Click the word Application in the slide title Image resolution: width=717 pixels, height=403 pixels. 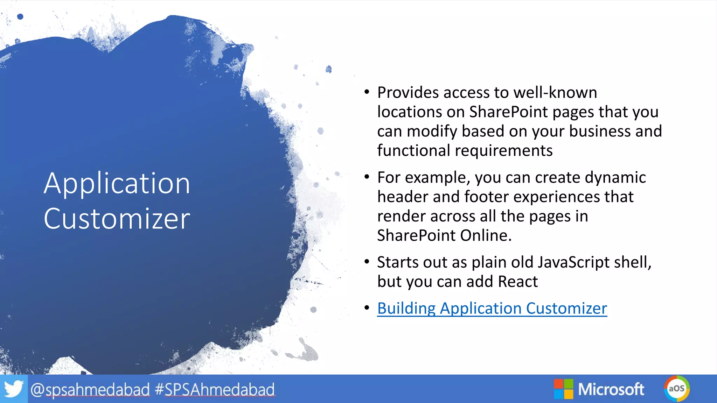[x=117, y=183]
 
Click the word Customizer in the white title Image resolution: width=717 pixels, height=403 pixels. [x=117, y=219]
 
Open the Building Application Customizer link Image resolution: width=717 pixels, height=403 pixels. [x=492, y=309]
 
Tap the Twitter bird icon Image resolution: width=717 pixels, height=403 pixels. [x=13, y=389]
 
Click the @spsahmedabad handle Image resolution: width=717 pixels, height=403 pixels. [x=90, y=390]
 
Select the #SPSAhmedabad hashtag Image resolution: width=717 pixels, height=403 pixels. [x=215, y=390]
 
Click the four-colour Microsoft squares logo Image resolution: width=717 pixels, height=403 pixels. [x=563, y=389]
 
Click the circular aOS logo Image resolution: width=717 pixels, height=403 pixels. [x=676, y=389]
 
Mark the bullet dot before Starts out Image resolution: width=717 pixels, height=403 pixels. [x=367, y=262]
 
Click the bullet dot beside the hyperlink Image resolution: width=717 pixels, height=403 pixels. [x=367, y=308]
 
